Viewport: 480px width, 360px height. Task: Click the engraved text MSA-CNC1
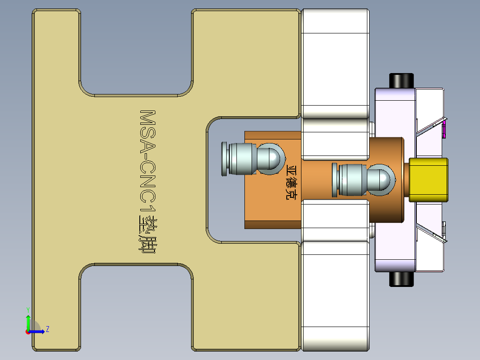point(147,160)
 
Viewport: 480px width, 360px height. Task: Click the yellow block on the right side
point(428,180)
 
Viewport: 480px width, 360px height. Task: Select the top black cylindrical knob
point(402,81)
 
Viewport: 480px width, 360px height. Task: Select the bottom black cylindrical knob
point(402,279)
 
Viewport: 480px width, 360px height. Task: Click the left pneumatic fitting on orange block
point(240,159)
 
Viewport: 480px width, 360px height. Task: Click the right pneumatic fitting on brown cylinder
point(352,180)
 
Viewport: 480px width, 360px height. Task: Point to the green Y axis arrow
point(28,322)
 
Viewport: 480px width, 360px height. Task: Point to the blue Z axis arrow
point(37,331)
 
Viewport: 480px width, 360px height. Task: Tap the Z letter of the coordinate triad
point(47,329)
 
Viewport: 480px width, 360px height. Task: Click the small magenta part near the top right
point(444,130)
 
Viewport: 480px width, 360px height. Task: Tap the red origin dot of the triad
point(28,331)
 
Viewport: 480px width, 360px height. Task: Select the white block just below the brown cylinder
point(335,221)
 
